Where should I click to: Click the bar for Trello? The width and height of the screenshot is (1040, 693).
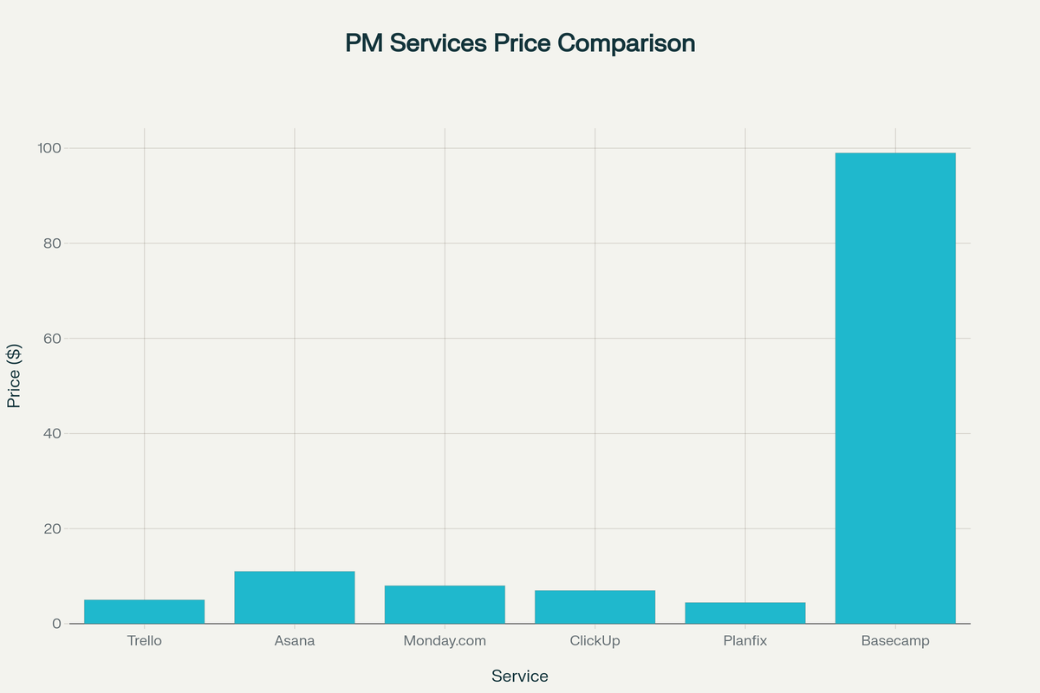pyautogui.click(x=144, y=612)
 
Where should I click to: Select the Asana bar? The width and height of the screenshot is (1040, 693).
pyautogui.click(x=295, y=598)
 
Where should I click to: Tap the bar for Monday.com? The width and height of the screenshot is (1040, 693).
pyautogui.click(x=445, y=605)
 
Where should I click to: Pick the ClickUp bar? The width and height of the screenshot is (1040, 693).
pyautogui.click(x=595, y=607)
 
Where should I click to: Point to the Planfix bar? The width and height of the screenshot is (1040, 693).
pyautogui.click(x=745, y=613)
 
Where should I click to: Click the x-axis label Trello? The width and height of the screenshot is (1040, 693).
pyautogui.click(x=144, y=642)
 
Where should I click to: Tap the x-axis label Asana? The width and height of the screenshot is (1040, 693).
pyautogui.click(x=295, y=642)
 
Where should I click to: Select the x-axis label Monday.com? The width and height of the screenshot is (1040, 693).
pyautogui.click(x=445, y=642)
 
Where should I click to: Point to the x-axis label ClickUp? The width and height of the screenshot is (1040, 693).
pyautogui.click(x=595, y=642)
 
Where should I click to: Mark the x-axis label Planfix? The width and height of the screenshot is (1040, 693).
pyautogui.click(x=745, y=642)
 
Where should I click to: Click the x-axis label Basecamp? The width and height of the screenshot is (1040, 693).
pyautogui.click(x=895, y=642)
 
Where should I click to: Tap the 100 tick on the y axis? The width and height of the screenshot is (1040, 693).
pyautogui.click(x=49, y=148)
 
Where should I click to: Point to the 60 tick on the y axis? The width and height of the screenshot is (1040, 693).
pyautogui.click(x=52, y=339)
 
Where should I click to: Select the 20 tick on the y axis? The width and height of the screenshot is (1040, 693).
pyautogui.click(x=52, y=528)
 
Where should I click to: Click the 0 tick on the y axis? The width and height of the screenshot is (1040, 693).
pyautogui.click(x=56, y=624)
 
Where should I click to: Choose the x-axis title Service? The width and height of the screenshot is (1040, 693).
pyautogui.click(x=520, y=677)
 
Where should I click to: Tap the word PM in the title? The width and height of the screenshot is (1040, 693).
pyautogui.click(x=365, y=43)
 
